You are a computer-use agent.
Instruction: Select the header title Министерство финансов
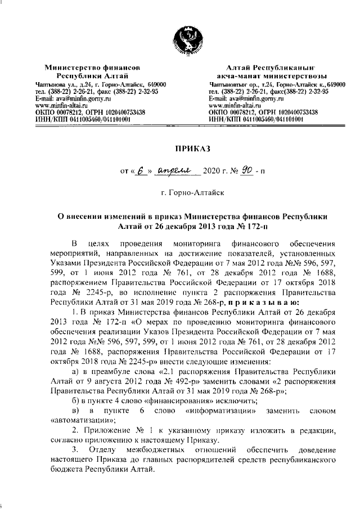pyautogui.click(x=93, y=66)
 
